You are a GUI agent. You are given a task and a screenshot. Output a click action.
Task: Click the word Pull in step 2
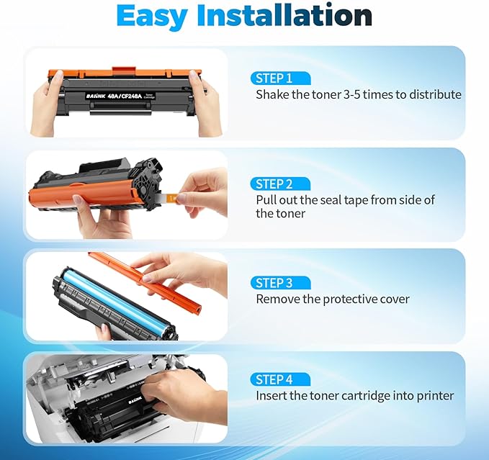266,200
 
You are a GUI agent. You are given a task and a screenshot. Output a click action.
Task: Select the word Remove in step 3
277,299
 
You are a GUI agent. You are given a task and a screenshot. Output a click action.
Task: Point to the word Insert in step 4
272,395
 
